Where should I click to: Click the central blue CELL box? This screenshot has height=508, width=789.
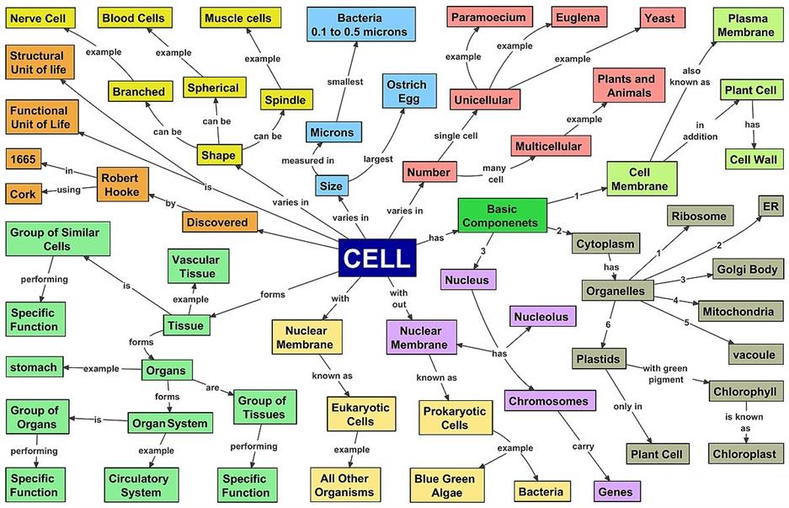(376, 258)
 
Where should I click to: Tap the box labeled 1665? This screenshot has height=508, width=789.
(23, 158)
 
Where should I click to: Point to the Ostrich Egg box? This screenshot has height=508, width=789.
(406, 91)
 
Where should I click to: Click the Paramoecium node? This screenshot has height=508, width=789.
(488, 17)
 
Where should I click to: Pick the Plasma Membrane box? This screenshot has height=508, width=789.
(750, 24)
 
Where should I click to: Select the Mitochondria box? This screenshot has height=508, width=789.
(736, 310)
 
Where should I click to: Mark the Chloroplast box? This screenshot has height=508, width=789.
(744, 454)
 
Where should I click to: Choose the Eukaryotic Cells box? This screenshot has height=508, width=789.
(360, 414)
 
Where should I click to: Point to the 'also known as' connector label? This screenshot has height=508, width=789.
(694, 77)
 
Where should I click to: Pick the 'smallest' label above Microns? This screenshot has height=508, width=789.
(344, 82)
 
